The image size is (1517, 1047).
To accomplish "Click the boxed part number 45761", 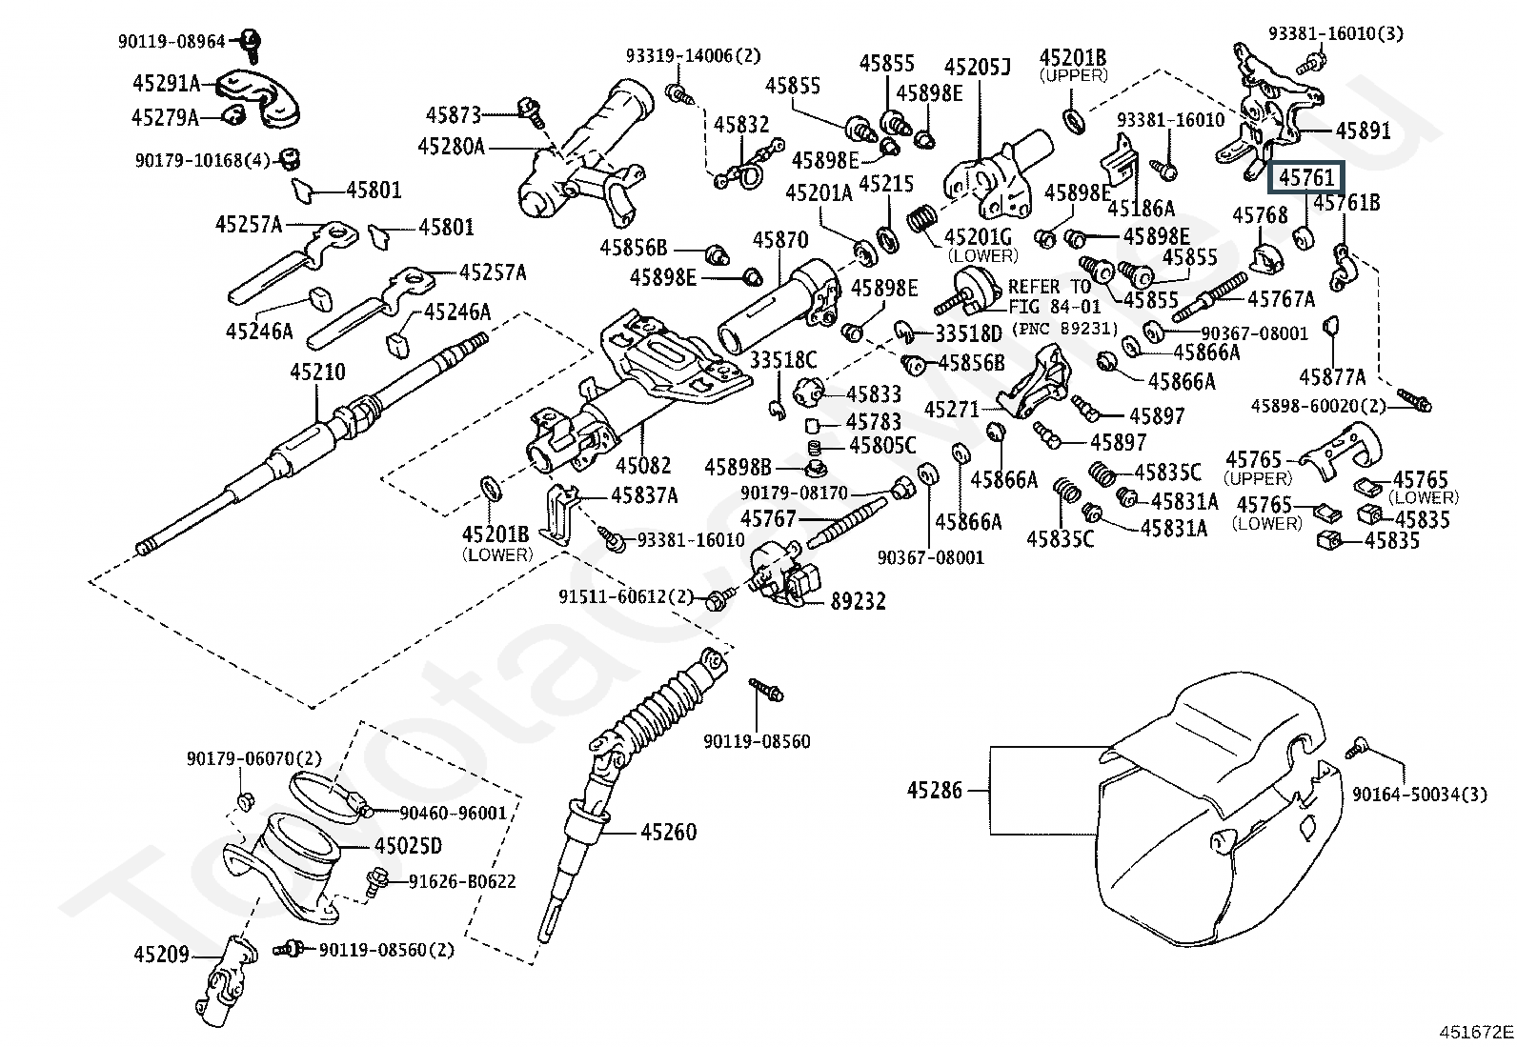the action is coord(1305,178).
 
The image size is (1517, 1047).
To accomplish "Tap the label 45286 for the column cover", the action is coord(934,790).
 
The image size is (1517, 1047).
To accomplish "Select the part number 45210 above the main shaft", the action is coord(317,372).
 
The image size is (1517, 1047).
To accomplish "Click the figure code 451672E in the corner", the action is coord(1476,1032).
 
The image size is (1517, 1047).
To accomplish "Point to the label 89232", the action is coord(858,601).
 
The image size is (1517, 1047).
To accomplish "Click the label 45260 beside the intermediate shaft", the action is coord(668,832).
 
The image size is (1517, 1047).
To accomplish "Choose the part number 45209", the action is coord(161,955).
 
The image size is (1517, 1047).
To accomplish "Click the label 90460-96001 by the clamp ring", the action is coord(453,813).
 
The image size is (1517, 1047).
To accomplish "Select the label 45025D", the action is coord(409,846).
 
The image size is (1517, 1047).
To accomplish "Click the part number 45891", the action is coord(1363,131).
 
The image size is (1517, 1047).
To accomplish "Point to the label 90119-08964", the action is coord(172,42).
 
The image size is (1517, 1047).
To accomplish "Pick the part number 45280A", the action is coord(452,147).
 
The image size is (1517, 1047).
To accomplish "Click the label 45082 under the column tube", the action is coord(643,465).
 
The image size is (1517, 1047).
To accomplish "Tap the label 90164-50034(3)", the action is coord(1420,795).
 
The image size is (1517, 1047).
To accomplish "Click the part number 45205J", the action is coord(978,67).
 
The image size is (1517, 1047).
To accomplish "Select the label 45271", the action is coord(952,410).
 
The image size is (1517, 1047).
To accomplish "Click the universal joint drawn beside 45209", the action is coord(226,980).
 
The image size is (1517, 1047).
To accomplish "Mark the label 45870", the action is coord(780,240).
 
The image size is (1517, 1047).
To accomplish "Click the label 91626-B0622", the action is coord(462,882).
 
